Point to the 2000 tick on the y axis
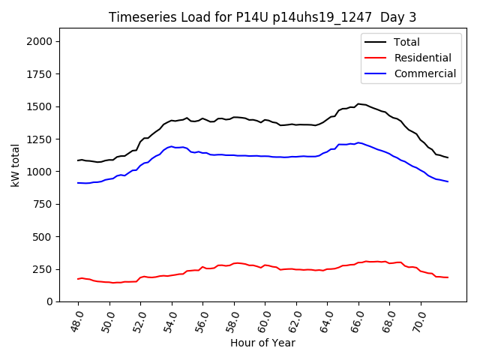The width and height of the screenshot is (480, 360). pos(42,41)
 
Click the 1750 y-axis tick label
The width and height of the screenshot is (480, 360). pos(42,74)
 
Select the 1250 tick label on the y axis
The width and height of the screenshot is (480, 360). pos(42,139)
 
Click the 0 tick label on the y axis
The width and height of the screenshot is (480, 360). pos(51,301)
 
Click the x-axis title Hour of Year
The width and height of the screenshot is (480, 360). pos(262,343)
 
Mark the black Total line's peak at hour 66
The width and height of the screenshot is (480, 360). pos(358,103)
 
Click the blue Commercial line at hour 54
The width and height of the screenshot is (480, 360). pos(172,146)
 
